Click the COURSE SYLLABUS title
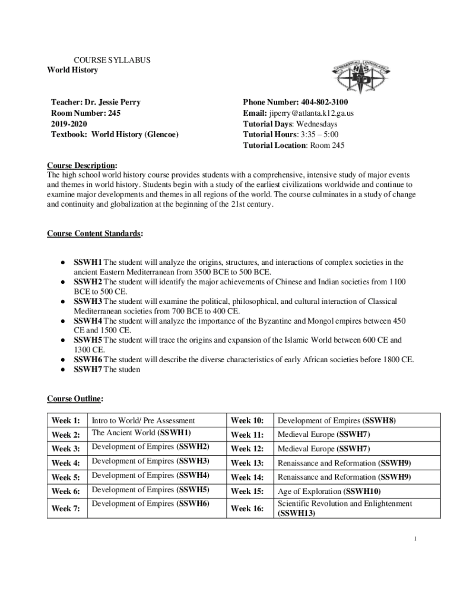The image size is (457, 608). (x=112, y=60)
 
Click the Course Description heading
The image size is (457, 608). (x=82, y=165)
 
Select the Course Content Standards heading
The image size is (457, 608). (x=95, y=234)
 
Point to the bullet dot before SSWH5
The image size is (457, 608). (x=62, y=340)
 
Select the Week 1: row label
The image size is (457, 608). (x=66, y=421)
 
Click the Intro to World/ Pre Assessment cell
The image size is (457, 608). (x=143, y=421)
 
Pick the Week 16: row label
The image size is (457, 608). (x=247, y=508)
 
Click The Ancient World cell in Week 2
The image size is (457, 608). (x=141, y=433)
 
